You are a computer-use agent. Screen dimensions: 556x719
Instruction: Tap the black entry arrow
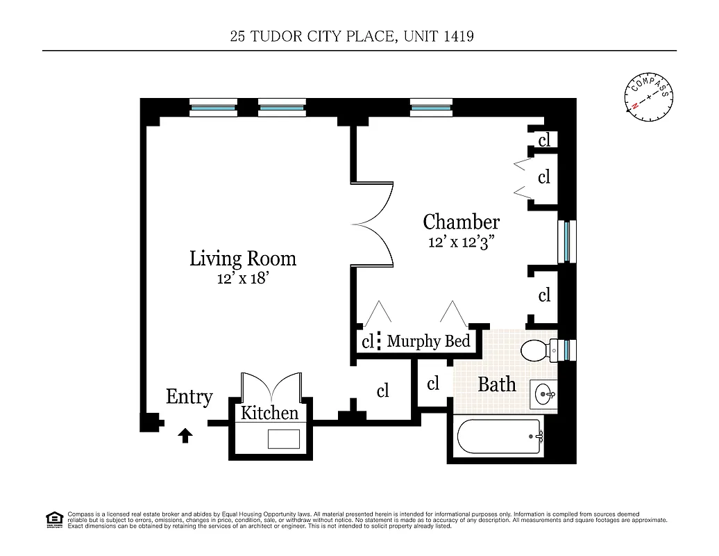pyautogui.click(x=185, y=436)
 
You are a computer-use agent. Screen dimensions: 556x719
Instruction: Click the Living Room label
pyautogui.click(x=243, y=259)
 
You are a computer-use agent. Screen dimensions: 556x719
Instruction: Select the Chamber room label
pyautogui.click(x=461, y=222)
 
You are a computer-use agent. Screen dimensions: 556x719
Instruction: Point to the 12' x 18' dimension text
pyautogui.click(x=243, y=279)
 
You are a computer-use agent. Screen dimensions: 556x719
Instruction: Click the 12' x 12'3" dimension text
pyautogui.click(x=461, y=243)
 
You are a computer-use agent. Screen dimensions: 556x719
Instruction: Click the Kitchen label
pyautogui.click(x=269, y=414)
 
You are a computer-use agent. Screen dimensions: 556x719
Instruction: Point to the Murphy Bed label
pyautogui.click(x=428, y=341)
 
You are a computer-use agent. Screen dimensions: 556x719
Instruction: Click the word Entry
pyautogui.click(x=189, y=397)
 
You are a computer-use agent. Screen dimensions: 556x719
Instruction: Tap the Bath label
pyautogui.click(x=497, y=384)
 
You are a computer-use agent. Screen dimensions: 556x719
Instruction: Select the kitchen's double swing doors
pyautogui.click(x=270, y=386)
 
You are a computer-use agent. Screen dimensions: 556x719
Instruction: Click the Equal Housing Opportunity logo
pyautogui.click(x=53, y=518)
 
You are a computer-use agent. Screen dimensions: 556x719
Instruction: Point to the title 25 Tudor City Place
pyautogui.click(x=352, y=36)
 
